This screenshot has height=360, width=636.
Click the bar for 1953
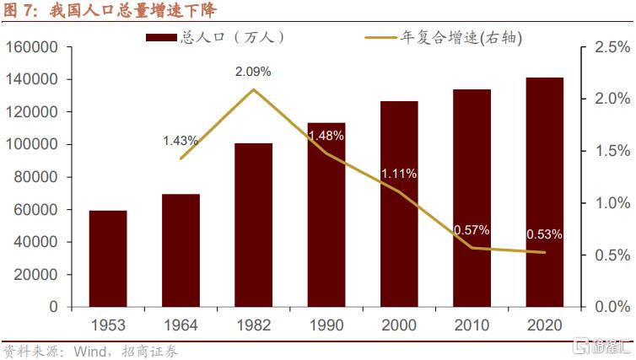point(108,259)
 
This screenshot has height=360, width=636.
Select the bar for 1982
point(253,225)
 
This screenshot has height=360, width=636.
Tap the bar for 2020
point(544,192)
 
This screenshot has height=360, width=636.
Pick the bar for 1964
point(181,250)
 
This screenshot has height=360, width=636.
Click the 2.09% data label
point(253,72)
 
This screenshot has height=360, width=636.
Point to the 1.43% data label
point(181,140)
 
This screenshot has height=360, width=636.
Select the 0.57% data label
point(472,229)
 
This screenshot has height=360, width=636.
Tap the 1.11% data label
point(399,174)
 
